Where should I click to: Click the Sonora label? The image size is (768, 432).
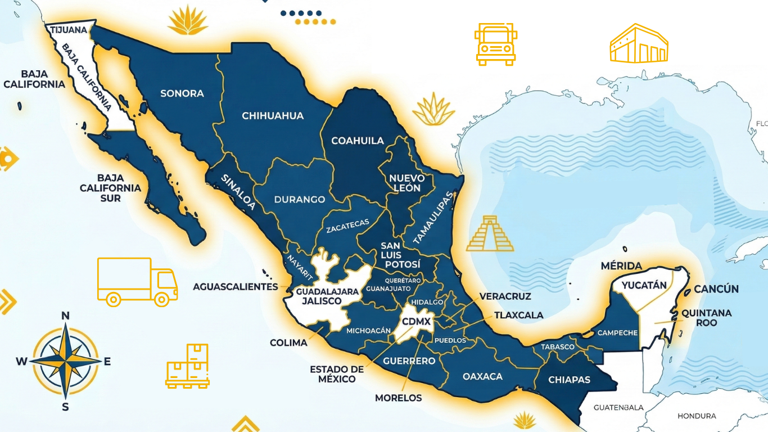(182, 93)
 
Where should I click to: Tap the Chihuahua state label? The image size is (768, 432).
(273, 116)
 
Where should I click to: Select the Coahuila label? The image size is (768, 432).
(358, 141)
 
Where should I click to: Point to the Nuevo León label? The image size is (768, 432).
(407, 183)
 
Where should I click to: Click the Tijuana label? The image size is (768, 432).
(69, 29)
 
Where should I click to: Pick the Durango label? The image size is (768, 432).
(300, 199)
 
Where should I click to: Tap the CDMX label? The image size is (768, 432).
(416, 322)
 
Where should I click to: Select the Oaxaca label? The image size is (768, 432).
(482, 376)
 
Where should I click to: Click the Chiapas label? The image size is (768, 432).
(569, 380)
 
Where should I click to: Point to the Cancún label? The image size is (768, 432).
(716, 289)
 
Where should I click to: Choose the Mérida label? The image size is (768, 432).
(621, 265)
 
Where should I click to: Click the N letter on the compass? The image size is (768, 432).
(65, 316)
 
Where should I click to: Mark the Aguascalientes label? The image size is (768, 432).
(236, 286)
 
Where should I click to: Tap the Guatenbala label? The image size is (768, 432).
(619, 407)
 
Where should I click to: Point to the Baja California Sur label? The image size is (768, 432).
(110, 187)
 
